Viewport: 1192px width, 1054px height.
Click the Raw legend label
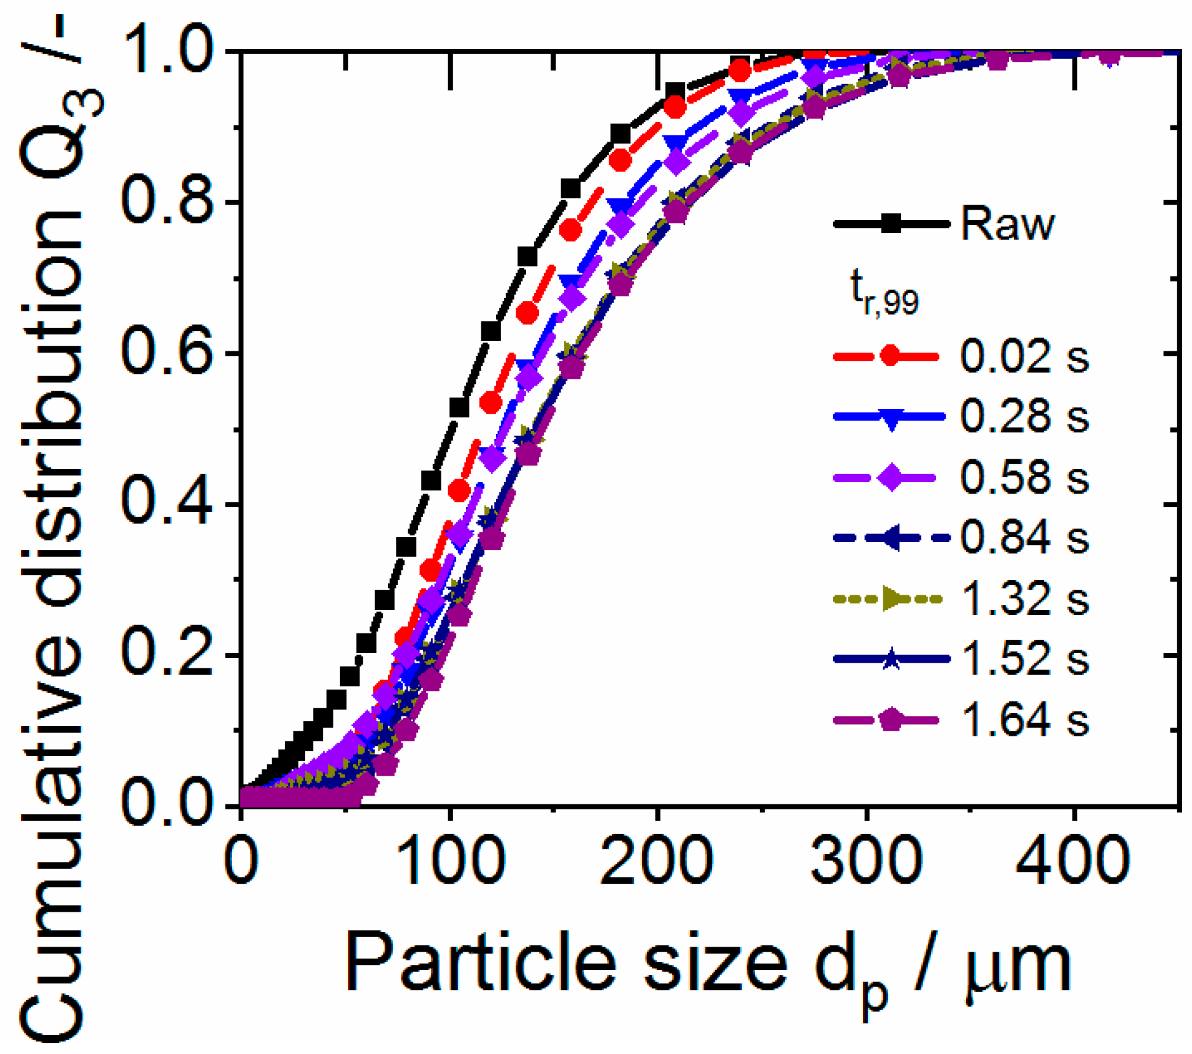1007,224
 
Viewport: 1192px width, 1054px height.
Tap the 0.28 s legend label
1024,417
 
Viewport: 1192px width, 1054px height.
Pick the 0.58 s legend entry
1024,477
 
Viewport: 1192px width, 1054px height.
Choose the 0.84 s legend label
1024,537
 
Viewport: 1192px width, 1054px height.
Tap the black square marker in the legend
891,224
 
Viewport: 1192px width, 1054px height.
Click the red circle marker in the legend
891,356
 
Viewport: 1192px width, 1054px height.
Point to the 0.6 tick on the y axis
166,353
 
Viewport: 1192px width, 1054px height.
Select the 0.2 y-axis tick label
166,655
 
